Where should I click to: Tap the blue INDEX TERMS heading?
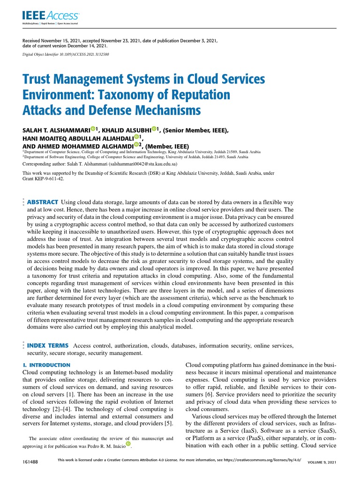pyautogui.click(x=47, y=345)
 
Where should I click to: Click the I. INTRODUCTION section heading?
pyautogui.click(x=46, y=365)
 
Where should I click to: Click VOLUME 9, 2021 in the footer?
pyautogui.click(x=322, y=462)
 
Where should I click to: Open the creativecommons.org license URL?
pyautogui.click(x=262, y=460)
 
